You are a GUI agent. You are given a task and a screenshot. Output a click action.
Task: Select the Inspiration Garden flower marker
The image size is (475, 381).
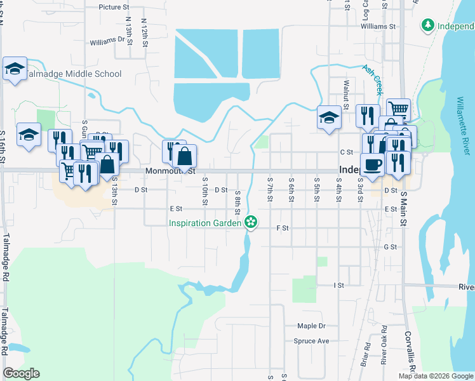(251, 222)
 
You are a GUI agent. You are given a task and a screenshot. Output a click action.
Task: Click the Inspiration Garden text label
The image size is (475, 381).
(204, 223)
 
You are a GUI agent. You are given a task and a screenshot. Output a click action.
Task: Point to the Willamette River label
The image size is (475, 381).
(465, 125)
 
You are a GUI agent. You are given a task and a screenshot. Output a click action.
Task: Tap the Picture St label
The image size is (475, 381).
(114, 8)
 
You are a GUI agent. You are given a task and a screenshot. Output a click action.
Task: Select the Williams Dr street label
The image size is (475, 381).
(107, 40)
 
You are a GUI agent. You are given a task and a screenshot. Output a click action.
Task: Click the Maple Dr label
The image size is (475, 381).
(311, 326)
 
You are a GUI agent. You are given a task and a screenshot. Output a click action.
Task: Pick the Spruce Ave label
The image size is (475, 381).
(311, 341)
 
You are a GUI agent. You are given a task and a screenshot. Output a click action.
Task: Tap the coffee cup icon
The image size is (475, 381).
(373, 163)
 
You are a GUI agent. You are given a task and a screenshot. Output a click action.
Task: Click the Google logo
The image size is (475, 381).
(21, 373)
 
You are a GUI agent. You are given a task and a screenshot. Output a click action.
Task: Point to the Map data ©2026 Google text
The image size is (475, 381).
(436, 375)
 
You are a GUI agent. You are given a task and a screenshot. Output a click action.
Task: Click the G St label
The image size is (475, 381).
(390, 247)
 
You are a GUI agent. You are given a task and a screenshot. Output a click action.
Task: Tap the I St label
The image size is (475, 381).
(338, 286)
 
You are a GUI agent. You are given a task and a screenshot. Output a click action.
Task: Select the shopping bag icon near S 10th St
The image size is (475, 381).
(184, 155)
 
